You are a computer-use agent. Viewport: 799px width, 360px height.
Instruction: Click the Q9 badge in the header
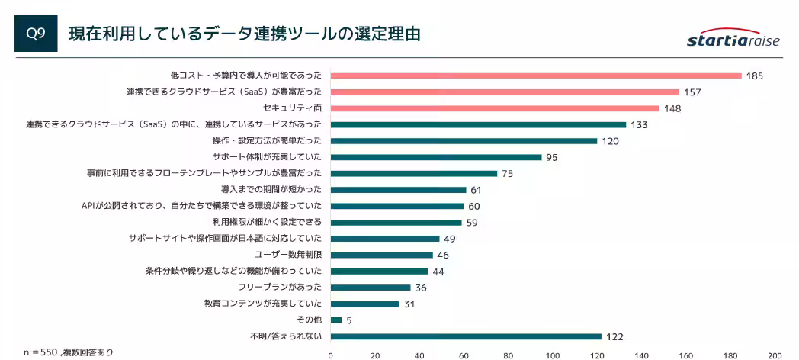click(x=36, y=34)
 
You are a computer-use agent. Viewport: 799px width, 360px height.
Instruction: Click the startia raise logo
click(x=733, y=40)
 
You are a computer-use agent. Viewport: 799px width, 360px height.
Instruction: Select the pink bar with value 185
click(x=536, y=76)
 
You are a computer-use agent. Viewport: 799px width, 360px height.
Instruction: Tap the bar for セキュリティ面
click(x=495, y=108)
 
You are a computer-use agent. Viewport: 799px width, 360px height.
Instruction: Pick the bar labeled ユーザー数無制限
click(x=382, y=255)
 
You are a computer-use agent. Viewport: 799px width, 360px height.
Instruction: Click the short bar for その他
click(x=336, y=320)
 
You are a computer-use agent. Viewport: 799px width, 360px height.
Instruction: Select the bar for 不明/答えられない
click(x=466, y=336)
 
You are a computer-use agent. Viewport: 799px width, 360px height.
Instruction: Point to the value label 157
click(x=692, y=92)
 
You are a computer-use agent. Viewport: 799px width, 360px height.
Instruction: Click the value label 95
click(x=552, y=158)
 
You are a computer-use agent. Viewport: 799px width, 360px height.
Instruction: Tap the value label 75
click(x=507, y=174)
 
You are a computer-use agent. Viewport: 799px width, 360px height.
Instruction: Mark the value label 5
click(x=348, y=320)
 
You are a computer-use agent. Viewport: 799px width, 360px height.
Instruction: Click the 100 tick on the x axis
click(x=553, y=355)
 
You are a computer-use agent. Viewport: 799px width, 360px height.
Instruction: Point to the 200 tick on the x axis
click(x=775, y=355)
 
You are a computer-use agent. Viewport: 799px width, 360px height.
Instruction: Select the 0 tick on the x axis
click(x=331, y=355)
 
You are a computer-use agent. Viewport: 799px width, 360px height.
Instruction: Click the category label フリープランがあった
click(x=280, y=288)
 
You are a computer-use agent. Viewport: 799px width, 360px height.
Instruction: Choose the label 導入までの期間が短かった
click(x=271, y=189)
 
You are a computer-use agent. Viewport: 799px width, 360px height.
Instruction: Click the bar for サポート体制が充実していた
click(x=436, y=157)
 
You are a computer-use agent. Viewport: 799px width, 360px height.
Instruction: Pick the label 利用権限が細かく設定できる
click(x=267, y=222)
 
